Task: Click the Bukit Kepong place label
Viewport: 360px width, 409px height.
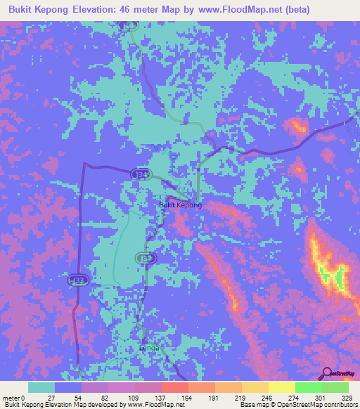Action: pyautogui.click(x=181, y=204)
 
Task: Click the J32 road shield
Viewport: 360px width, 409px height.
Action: pyautogui.click(x=149, y=259)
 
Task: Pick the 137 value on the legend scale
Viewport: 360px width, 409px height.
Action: pyautogui.click(x=161, y=397)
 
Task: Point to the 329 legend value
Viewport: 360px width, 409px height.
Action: pyautogui.click(x=347, y=397)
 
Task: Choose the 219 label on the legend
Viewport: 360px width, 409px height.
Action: pyautogui.click(x=241, y=397)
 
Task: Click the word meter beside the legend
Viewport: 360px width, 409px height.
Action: pyautogui.click(x=12, y=397)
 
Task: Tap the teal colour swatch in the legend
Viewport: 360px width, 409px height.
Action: pyautogui.click(x=41, y=387)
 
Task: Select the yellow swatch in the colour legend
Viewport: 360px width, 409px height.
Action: pyautogui.click(x=281, y=387)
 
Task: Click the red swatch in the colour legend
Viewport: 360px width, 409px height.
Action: pyautogui.click(x=174, y=387)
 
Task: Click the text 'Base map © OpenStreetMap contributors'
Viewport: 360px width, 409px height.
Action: pyautogui.click(x=297, y=405)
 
